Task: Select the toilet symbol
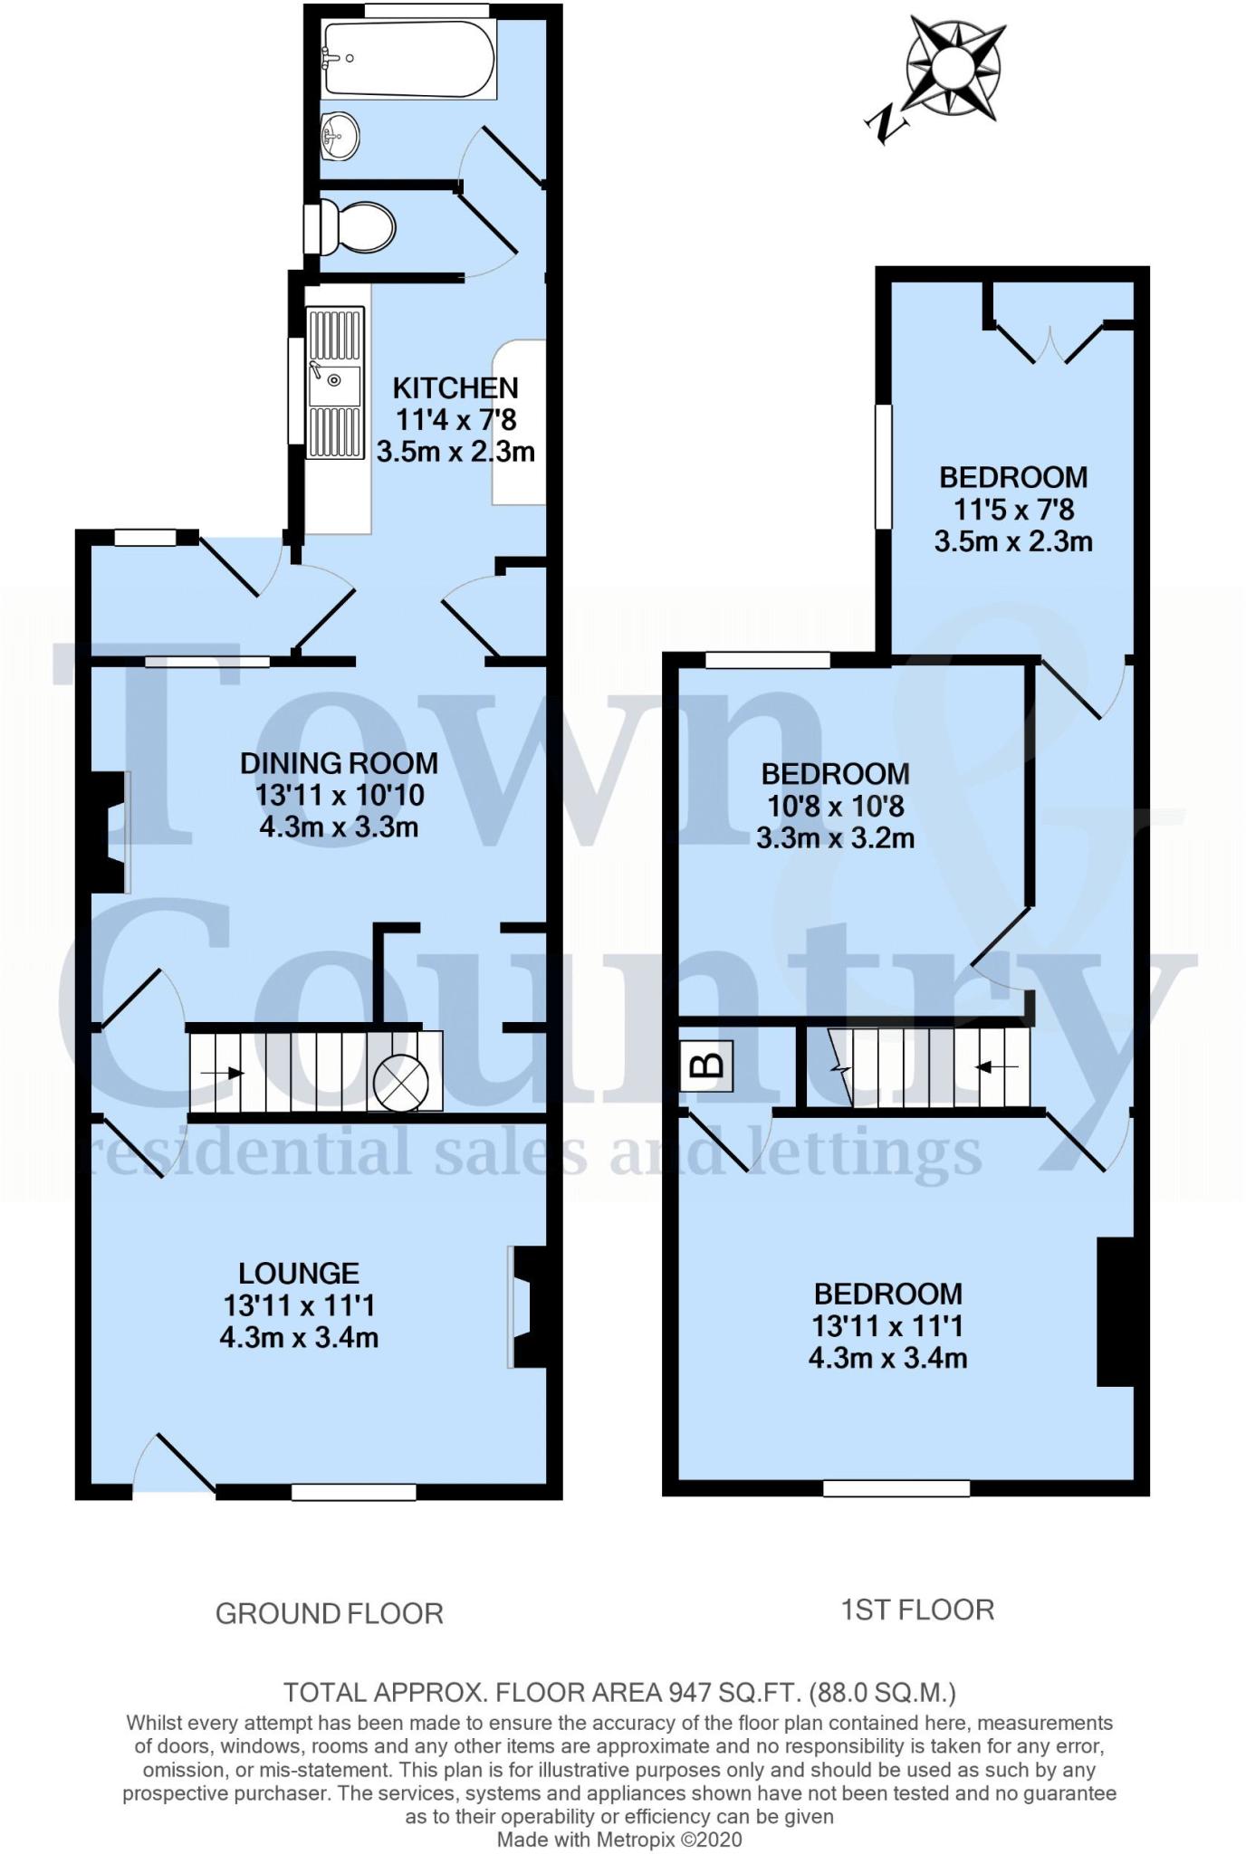pos(359,227)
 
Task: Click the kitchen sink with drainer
pos(334,382)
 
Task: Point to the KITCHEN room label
pos(455,388)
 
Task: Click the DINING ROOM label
pos(339,763)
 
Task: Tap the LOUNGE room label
pos(299,1274)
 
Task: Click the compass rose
pos(954,68)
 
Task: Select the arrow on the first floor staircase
pos(996,1067)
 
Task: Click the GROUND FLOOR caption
pos(330,1613)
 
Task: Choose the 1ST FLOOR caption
pos(917,1610)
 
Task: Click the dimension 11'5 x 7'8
pos(1013,510)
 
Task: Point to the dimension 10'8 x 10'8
pos(835,806)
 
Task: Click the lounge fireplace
pos(529,1306)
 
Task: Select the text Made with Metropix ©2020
pos(619,1840)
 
